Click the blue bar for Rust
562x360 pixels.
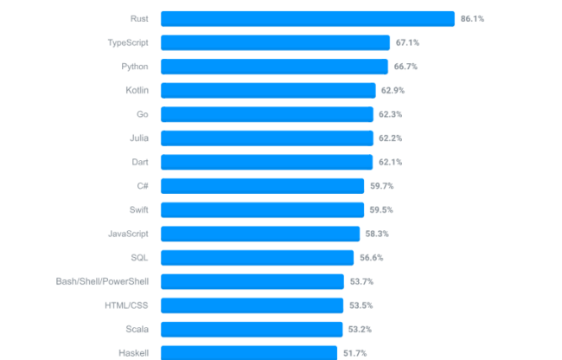coord(307,18)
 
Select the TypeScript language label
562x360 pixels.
coord(127,42)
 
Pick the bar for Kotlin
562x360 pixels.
coord(268,90)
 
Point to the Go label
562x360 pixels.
coord(142,114)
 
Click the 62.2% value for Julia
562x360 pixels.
coord(390,138)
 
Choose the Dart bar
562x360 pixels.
coord(266,162)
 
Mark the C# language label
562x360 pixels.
coord(142,186)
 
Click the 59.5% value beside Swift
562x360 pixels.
coord(381,209)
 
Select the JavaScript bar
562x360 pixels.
coord(259,234)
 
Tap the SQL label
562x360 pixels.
coord(139,257)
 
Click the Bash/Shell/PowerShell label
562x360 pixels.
coord(101,281)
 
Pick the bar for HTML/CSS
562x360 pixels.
coord(252,305)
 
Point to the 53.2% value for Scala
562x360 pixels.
coord(361,329)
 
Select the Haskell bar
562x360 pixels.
coord(248,352)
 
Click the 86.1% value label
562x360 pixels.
coord(473,18)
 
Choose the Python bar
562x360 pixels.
coord(274,67)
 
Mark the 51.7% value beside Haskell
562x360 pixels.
coord(355,353)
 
